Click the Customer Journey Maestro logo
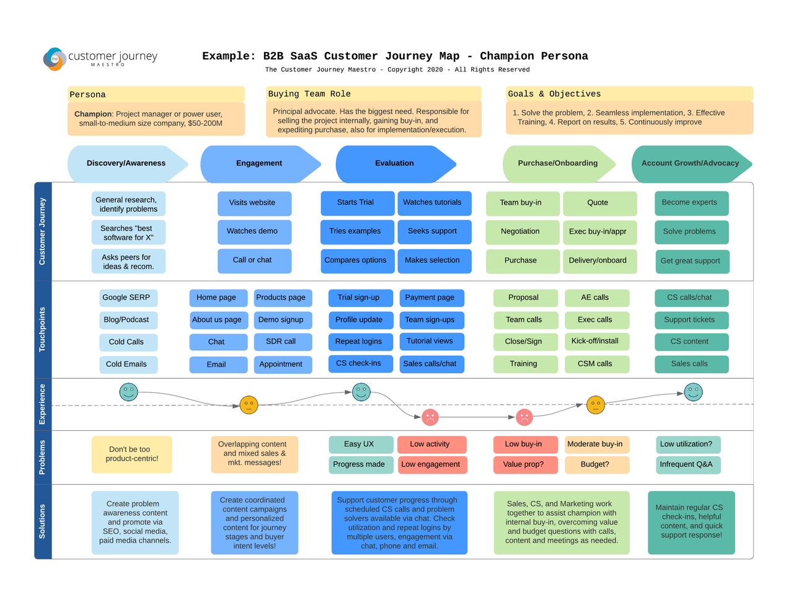100,58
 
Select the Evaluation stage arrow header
395,164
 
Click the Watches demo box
254,231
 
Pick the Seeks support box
433,231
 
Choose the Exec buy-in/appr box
599,232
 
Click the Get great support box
691,261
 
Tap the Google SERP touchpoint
127,298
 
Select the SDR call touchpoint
282,342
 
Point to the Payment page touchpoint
431,298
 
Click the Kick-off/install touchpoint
596,341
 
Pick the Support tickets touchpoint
691,320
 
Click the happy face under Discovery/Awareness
129,392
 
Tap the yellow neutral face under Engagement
249,405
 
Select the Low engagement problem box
431,464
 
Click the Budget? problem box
596,464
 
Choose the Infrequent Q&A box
687,464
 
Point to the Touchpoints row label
43,329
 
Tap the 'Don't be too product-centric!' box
132,454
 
